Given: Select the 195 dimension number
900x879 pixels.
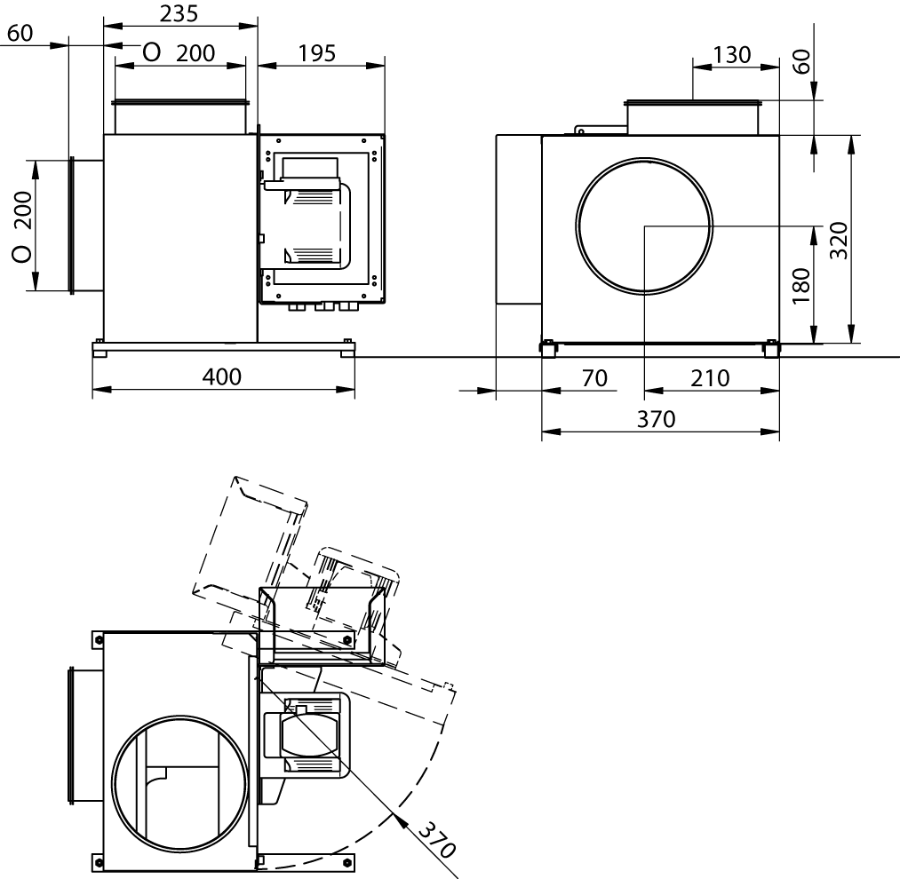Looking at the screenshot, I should click(316, 53).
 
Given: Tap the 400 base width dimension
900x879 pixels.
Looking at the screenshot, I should click(222, 377).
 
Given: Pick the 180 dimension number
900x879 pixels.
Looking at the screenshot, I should click(800, 285).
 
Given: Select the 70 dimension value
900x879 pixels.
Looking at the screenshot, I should click(594, 378).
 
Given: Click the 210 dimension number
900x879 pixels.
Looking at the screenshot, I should click(710, 378).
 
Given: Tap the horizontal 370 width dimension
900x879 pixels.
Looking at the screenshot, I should click(657, 419).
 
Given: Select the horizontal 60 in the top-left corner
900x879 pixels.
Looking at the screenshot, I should click(20, 34).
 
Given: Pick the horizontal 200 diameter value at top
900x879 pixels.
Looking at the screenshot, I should click(195, 53).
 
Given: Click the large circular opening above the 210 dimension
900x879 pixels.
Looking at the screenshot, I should click(644, 226).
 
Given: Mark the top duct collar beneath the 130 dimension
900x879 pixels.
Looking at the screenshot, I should click(692, 117).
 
